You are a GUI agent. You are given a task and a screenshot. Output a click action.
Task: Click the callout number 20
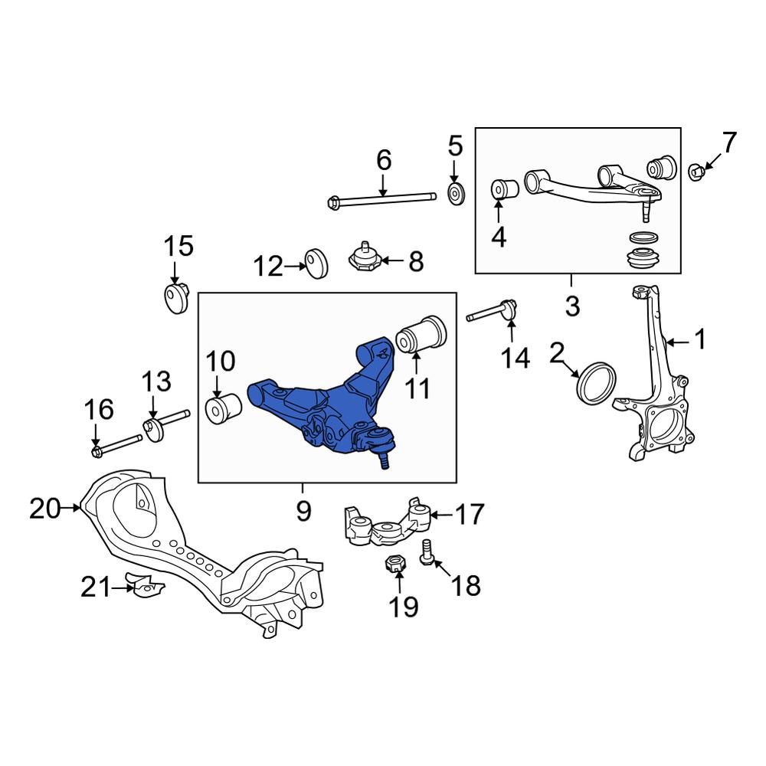[45, 508]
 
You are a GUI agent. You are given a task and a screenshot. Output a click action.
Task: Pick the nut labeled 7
[697, 171]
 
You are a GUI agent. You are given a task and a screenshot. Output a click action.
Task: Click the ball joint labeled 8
[366, 259]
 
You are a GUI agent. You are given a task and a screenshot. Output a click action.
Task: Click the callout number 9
[303, 510]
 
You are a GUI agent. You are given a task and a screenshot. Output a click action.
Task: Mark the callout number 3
[572, 306]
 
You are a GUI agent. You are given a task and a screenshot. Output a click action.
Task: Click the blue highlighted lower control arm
[322, 406]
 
